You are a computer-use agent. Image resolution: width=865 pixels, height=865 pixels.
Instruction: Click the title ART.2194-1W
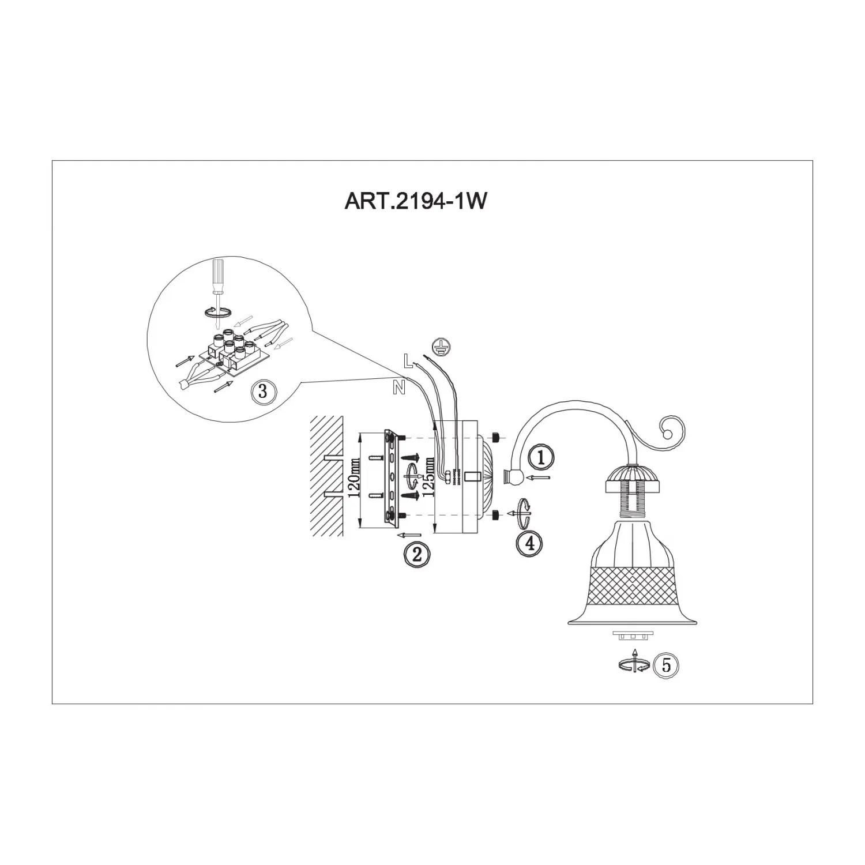tap(415, 201)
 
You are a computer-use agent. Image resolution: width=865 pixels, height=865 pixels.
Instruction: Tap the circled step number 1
tap(540, 457)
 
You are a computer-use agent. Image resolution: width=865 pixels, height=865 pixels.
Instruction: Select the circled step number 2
tap(417, 555)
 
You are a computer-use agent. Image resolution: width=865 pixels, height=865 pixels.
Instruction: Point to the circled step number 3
tap(263, 392)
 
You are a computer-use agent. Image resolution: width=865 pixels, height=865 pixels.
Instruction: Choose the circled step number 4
tap(529, 543)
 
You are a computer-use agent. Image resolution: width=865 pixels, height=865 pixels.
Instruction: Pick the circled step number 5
tap(666, 665)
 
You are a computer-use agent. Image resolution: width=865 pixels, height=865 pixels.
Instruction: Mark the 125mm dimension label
tap(428, 477)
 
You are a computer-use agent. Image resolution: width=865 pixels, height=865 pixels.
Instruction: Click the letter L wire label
tap(408, 361)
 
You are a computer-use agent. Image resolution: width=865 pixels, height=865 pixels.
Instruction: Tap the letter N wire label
tap(398, 389)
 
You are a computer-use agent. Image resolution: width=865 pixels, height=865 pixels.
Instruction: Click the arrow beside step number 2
tap(410, 535)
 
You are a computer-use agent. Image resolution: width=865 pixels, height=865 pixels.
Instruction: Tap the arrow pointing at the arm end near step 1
tap(540, 477)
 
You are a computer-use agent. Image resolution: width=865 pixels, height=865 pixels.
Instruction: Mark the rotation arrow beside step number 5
tap(634, 663)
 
